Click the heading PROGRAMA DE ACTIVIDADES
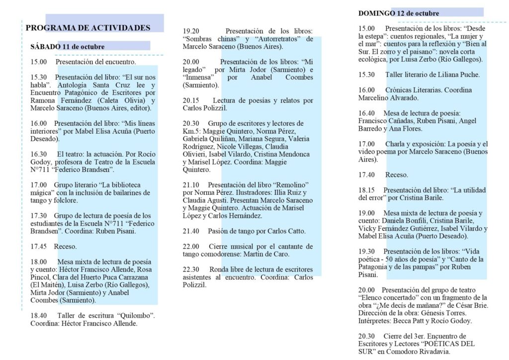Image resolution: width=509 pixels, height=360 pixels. tap(88, 28)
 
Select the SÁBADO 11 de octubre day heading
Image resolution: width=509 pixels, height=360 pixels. tap(67, 47)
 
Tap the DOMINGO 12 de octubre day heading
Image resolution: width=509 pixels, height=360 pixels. tap(399, 13)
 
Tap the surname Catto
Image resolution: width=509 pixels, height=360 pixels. tap(295, 231)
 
